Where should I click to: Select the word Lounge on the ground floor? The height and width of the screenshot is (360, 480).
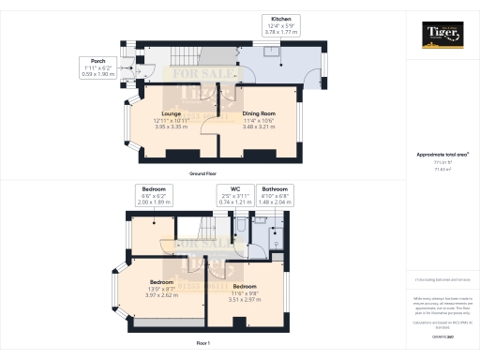pyautogui.click(x=170, y=114)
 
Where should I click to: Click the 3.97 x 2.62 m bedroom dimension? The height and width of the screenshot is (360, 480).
pyautogui.click(x=163, y=292)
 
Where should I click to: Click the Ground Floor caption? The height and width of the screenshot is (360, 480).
pyautogui.click(x=203, y=174)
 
